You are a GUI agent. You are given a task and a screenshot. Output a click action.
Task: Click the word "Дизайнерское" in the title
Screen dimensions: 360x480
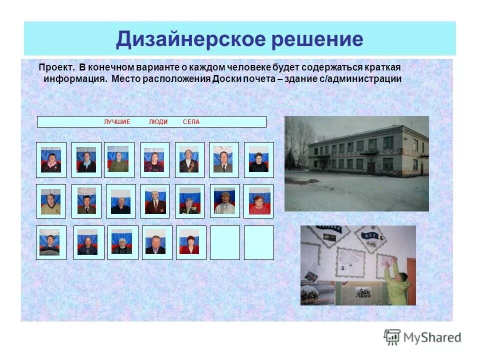click(190, 38)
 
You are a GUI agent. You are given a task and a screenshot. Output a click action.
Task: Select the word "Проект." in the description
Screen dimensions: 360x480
click(56, 67)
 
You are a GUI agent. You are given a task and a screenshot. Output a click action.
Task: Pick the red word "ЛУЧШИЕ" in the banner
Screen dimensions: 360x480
click(117, 122)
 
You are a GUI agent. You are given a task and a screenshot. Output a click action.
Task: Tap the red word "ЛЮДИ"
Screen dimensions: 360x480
click(158, 122)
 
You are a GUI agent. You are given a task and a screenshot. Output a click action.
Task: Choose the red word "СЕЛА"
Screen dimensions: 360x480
click(191, 122)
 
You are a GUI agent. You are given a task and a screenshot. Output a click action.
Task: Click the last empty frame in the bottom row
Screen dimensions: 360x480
click(258, 242)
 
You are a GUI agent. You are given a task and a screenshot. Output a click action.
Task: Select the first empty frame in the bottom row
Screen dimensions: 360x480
click(224, 242)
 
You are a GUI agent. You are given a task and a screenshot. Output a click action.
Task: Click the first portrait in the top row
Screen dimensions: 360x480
click(51, 160)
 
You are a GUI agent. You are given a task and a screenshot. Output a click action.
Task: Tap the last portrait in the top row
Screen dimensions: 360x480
click(258, 160)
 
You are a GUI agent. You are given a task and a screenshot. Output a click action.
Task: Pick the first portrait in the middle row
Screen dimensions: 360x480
click(51, 201)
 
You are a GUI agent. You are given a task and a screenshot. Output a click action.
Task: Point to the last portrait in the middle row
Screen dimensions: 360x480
click(258, 201)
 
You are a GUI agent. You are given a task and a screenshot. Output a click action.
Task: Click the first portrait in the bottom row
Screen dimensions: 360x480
click(51, 242)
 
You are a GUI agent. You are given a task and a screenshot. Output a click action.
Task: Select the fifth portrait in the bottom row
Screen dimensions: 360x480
click(190, 242)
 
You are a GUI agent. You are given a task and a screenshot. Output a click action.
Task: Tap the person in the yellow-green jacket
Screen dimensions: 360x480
click(398, 282)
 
